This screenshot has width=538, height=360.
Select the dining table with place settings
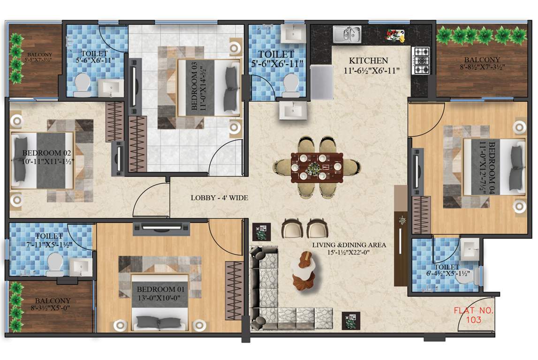317,166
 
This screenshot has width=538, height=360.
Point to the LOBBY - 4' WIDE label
219,198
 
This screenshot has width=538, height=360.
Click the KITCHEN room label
368,60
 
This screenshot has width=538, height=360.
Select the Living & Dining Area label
350,248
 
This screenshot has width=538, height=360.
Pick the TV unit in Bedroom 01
161,228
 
